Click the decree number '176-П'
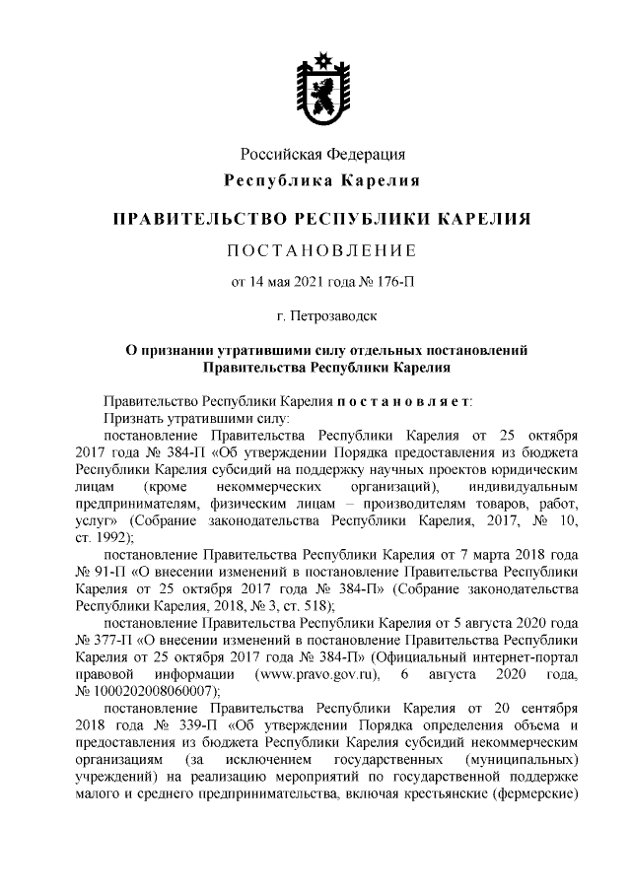pos(394,282)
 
